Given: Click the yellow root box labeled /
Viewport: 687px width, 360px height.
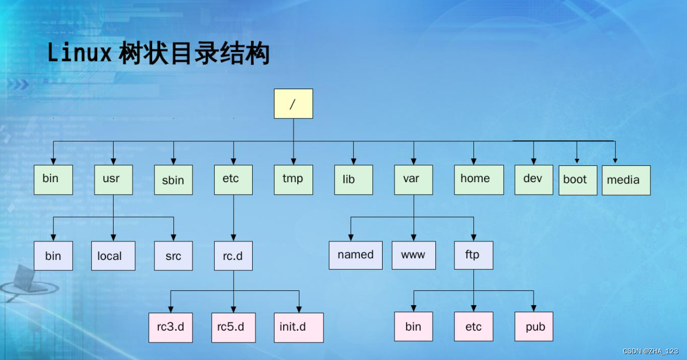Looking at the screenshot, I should [x=293, y=103].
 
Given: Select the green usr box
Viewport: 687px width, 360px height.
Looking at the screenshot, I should [x=113, y=179].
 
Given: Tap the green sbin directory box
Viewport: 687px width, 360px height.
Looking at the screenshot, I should [x=173, y=180].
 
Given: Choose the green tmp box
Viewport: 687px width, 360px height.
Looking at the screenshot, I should [x=293, y=179].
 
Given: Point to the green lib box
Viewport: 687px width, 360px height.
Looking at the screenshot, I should [x=353, y=179].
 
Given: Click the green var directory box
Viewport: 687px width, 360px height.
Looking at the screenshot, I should [x=414, y=179].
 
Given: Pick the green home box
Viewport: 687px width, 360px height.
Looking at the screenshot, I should [x=479, y=179].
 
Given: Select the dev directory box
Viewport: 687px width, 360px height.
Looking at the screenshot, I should [x=534, y=179].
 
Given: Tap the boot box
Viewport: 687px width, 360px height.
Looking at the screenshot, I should [x=578, y=180].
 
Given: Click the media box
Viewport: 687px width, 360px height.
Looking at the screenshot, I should [x=626, y=180].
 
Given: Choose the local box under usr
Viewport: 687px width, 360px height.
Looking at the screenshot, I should [x=113, y=256].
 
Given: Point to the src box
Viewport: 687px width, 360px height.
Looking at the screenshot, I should [x=173, y=256].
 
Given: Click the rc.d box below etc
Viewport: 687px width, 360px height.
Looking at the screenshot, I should [x=233, y=256].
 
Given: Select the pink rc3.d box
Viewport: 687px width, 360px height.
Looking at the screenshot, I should [x=171, y=327].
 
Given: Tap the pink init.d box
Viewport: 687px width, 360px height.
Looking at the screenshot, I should [x=298, y=327].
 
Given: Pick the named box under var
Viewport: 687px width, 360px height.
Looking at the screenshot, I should [x=355, y=255].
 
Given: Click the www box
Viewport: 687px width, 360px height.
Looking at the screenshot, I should [x=414, y=255].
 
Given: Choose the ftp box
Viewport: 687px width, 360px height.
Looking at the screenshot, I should [x=473, y=255].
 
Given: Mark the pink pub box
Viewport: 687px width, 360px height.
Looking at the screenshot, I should [x=534, y=326].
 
